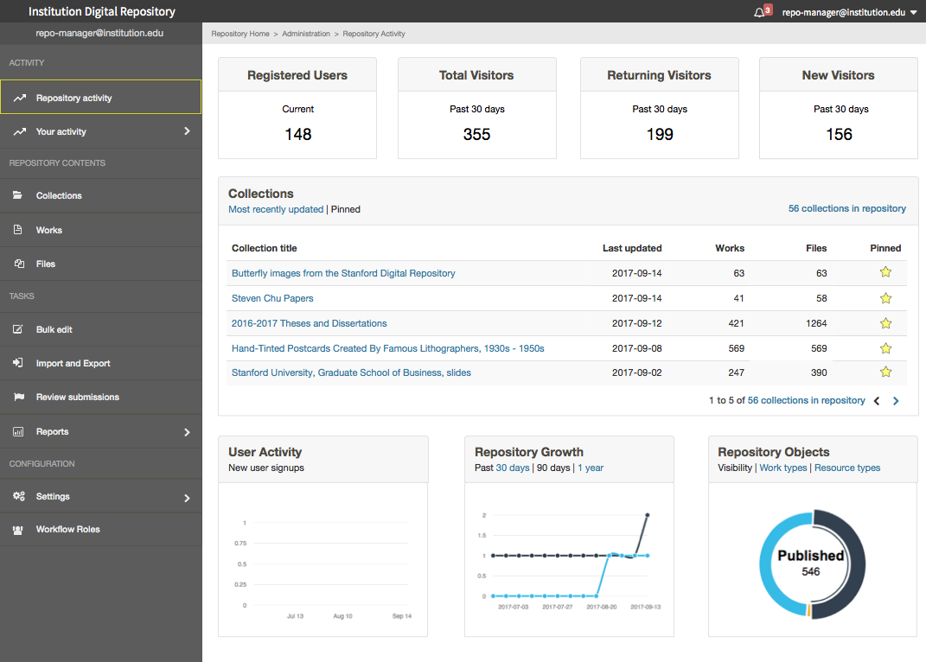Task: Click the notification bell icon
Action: pyautogui.click(x=759, y=12)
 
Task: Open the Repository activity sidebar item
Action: pyautogui.click(x=74, y=98)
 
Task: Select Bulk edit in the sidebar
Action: pyautogui.click(x=54, y=329)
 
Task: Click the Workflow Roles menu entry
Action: pyautogui.click(x=67, y=529)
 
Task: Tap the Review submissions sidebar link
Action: pyautogui.click(x=77, y=397)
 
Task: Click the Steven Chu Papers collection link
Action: pyautogui.click(x=272, y=298)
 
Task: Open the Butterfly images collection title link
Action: pyautogui.click(x=343, y=273)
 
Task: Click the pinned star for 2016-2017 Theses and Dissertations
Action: pyautogui.click(x=885, y=323)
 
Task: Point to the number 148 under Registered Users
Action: pyautogui.click(x=297, y=134)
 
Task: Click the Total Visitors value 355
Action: pyautogui.click(x=476, y=134)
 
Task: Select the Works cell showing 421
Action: pyautogui.click(x=733, y=323)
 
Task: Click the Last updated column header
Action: pyautogui.click(x=632, y=248)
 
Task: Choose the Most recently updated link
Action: pyautogui.click(x=276, y=209)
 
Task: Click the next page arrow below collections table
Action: pyautogui.click(x=896, y=401)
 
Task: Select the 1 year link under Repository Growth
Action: pyautogui.click(x=591, y=468)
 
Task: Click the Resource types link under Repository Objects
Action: pyautogui.click(x=847, y=468)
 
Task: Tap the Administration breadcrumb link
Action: pyautogui.click(x=306, y=34)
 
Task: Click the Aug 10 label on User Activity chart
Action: pyautogui.click(x=342, y=616)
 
